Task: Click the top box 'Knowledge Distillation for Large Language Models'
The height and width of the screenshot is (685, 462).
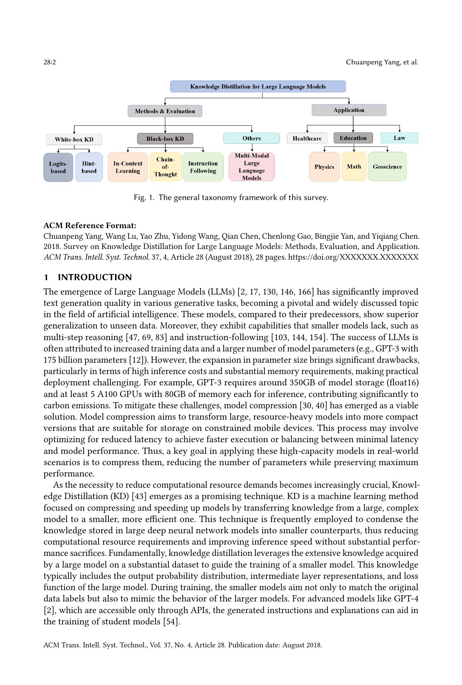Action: (258, 87)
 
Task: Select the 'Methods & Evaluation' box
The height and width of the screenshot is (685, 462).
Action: (165, 111)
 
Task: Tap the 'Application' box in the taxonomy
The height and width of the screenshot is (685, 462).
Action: (349, 110)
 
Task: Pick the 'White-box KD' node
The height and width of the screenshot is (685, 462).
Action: (74, 139)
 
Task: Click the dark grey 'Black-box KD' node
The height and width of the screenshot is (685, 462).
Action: (165, 139)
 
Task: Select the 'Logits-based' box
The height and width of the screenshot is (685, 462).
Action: (58, 167)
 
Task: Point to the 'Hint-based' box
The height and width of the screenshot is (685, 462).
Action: (89, 167)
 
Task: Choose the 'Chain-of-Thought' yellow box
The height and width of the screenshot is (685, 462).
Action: (165, 167)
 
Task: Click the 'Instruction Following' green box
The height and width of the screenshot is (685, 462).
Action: (203, 167)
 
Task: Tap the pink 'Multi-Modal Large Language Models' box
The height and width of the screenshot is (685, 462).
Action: (252, 167)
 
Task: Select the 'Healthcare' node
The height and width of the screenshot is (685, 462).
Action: (307, 138)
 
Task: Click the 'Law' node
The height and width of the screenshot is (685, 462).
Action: (399, 138)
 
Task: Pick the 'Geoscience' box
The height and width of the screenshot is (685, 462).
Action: (387, 167)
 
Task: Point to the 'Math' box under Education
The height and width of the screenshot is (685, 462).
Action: (354, 166)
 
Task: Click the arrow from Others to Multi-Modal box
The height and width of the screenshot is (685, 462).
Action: (252, 148)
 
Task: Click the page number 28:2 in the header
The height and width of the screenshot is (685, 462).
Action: (50, 62)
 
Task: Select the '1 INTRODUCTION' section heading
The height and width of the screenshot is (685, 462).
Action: (88, 277)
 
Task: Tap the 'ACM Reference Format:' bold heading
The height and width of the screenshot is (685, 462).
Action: (90, 225)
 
